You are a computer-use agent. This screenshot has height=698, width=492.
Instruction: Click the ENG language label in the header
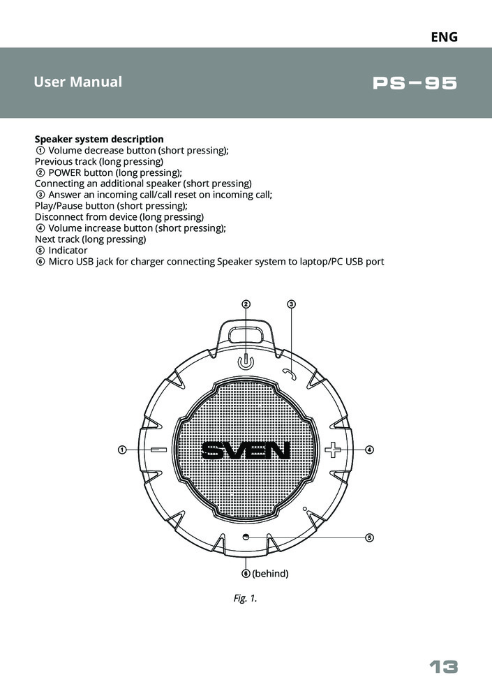(444, 37)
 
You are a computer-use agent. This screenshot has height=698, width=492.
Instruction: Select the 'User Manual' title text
(77, 82)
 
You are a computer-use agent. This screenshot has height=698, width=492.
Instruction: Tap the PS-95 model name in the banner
(415, 84)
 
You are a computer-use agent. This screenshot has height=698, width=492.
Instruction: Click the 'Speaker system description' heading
(99, 139)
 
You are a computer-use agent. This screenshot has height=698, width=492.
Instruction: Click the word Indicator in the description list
(68, 250)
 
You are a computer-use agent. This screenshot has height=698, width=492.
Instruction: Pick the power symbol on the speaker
(245, 362)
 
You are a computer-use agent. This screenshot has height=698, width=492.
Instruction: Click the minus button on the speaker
(158, 450)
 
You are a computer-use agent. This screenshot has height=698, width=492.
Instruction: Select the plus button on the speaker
(333, 450)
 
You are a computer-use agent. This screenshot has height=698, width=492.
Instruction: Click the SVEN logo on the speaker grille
(246, 451)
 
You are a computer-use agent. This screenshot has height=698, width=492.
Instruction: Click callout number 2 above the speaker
(246, 304)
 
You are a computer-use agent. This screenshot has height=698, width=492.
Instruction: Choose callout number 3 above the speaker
(292, 304)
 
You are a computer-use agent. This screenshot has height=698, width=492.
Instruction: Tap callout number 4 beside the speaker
(370, 450)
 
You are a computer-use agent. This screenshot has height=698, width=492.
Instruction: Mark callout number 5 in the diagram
(370, 537)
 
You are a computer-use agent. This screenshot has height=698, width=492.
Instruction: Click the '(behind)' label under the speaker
(270, 574)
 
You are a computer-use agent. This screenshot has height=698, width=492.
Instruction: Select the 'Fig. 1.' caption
(246, 598)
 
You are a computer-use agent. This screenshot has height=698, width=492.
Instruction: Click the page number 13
(443, 667)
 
